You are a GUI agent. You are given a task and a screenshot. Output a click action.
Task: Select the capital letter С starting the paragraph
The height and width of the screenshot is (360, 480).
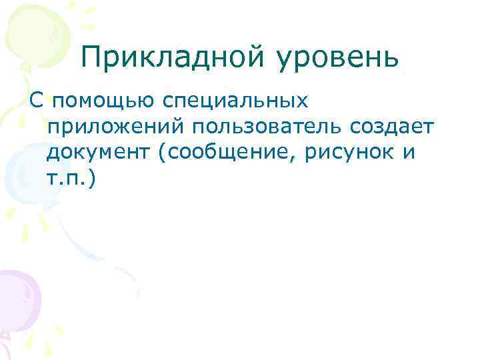(x=37, y=101)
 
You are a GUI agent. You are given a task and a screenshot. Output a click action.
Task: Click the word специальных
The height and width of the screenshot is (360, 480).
(x=235, y=102)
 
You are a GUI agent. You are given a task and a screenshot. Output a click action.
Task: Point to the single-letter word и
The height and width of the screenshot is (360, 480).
(x=409, y=154)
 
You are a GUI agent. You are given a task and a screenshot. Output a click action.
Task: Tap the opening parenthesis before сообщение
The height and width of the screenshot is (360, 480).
(x=163, y=154)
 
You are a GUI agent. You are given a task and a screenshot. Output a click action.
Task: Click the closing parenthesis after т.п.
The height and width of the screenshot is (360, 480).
(x=93, y=179)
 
